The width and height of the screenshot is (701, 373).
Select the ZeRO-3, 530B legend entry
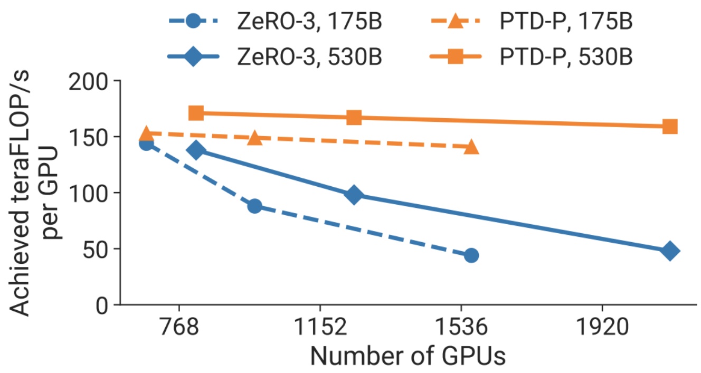click(274, 56)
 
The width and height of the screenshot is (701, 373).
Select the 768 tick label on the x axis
click(180, 329)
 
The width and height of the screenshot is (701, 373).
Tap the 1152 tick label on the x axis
click(320, 329)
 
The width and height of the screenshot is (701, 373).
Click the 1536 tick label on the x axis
click(462, 329)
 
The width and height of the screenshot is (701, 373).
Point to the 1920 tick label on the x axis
click(602, 329)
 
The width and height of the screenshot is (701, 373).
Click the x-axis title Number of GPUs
click(408, 357)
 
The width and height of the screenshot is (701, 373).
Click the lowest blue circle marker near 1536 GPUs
click(471, 255)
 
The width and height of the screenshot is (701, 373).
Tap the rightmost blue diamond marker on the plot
click(669, 252)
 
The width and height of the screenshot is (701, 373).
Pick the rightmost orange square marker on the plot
click(669, 127)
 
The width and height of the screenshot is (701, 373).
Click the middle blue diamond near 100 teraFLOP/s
click(354, 195)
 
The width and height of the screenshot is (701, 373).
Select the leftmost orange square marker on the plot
click(196, 113)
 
